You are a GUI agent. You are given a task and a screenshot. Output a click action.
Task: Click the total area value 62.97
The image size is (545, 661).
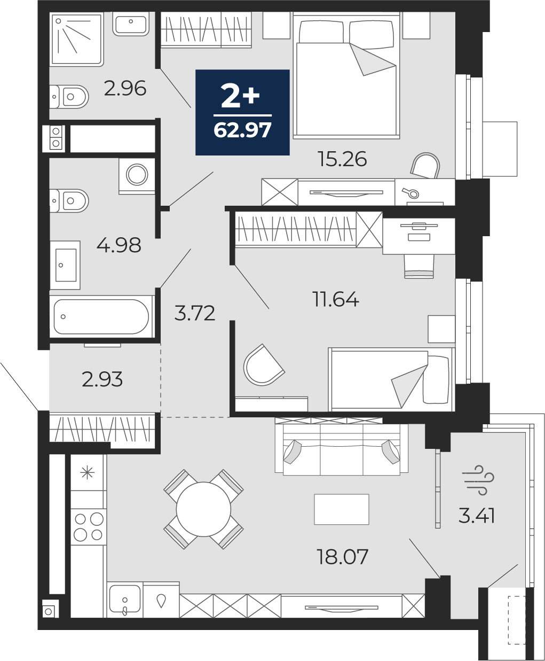pos(242,130)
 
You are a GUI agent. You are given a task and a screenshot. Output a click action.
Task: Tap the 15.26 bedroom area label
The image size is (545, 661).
pos(342,159)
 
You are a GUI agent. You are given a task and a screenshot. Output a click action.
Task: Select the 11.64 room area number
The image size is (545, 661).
pos(335,299)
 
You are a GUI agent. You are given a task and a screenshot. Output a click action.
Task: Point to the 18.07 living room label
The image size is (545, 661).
pos(342,557)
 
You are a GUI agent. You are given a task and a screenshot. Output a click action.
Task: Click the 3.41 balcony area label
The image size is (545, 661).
pos(477,516)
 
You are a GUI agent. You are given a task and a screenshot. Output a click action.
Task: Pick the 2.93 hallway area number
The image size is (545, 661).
pos(102,379)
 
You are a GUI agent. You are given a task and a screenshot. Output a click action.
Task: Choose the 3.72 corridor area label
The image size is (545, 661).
pos(195,313)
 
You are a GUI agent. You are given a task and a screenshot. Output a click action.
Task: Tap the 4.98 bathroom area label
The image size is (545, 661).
pos(119,245)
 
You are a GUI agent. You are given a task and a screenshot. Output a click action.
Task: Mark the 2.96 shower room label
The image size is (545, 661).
pos(125,88)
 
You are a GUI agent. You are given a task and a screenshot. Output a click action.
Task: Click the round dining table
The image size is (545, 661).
pos(203,509)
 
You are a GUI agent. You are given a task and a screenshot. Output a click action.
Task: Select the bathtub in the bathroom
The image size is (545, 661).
pos(101,317)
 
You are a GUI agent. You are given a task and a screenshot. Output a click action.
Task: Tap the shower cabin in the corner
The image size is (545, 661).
pos(76,40)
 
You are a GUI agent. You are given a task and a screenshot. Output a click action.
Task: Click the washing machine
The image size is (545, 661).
pos(137,175)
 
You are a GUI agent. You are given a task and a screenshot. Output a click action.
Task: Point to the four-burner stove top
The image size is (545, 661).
pos(89,526)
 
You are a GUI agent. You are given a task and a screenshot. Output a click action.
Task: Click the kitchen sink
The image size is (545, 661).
pos(124,599)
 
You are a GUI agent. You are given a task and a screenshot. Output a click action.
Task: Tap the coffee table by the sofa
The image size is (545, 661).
pos(342,509)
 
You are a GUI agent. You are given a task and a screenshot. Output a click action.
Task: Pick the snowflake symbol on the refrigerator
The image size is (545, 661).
pos(87,472)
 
